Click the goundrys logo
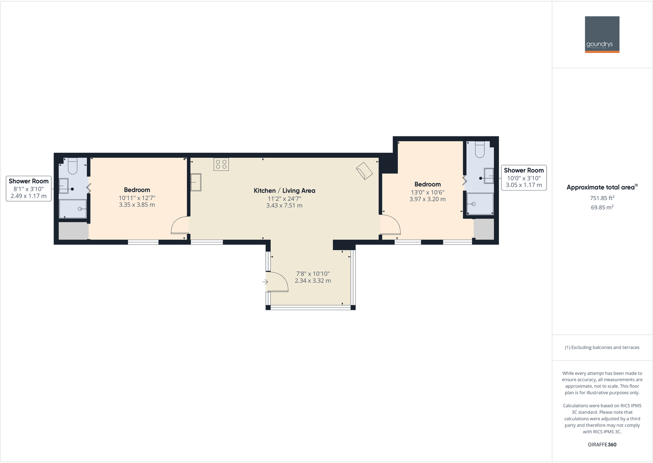[602, 35]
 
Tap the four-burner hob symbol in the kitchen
[221, 164]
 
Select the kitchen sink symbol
[196, 182]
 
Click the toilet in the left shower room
[73, 166]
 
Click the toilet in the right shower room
[480, 150]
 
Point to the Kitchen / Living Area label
[284, 191]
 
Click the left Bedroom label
[137, 190]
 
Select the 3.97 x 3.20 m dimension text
[427, 199]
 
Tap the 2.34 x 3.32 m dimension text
[313, 281]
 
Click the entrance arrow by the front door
[265, 282]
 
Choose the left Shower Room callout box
[29, 189]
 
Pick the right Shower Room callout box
[524, 178]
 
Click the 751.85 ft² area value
[602, 198]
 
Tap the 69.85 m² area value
[602, 207]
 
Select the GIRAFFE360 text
[602, 445]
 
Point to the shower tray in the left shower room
[73, 209]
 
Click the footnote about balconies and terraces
[602, 348]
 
